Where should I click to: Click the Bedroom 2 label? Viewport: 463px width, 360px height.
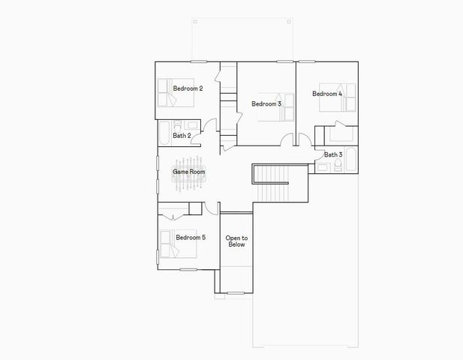tap(188, 88)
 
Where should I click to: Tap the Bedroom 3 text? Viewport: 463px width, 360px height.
tap(266, 103)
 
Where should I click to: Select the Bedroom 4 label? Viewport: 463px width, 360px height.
tap(327, 94)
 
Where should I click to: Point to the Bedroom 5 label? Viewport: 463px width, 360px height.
tap(191, 238)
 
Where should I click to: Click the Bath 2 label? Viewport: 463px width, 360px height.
tap(182, 136)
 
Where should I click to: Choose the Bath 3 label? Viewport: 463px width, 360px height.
tap(333, 154)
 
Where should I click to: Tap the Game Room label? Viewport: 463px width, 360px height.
tap(188, 172)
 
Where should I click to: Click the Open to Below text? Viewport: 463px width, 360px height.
tap(236, 241)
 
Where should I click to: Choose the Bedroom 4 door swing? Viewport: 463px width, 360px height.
tap(305, 139)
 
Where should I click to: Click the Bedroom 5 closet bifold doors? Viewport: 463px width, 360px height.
tap(173, 216)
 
